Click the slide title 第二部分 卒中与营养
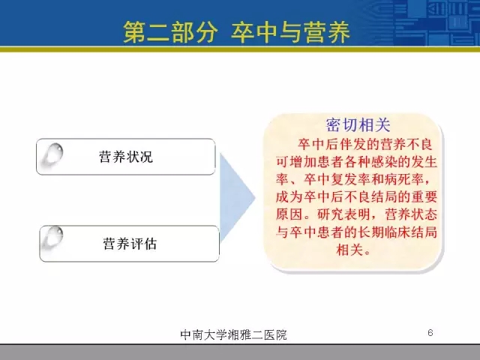pos(236,32)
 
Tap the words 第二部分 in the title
pos(170,32)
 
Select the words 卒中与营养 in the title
pos(290,32)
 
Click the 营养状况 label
pos(126,157)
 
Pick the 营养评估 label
pos(130,244)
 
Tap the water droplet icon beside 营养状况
pos(52,154)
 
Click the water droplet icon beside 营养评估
pos(52,238)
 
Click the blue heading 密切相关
pos(358,125)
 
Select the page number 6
pos(430,332)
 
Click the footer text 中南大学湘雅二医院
pos(233,334)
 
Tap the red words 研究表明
pos(343,214)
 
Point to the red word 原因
pos(289,214)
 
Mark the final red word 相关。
pos(353,250)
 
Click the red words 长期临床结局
pos(397,232)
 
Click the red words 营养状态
pos(410,214)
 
